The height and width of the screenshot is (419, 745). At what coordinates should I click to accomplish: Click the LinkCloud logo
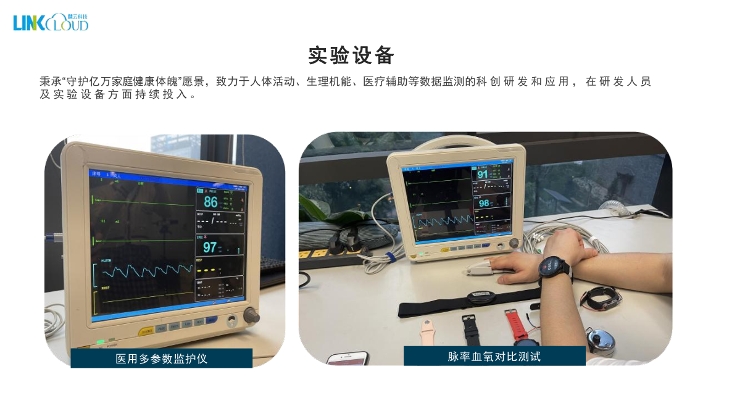pyautogui.click(x=51, y=22)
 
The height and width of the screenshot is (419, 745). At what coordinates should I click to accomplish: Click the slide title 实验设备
pyautogui.click(x=351, y=56)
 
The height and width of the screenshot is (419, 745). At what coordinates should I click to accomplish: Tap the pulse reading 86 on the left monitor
pyautogui.click(x=210, y=202)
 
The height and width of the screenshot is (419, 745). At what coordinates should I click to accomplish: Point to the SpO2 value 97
pyautogui.click(x=210, y=247)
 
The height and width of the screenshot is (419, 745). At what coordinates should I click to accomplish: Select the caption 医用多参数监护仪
pyautogui.click(x=162, y=359)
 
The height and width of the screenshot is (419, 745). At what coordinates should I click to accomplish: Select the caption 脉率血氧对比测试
pyautogui.click(x=494, y=356)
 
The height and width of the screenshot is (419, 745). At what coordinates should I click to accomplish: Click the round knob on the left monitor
pyautogui.click(x=251, y=315)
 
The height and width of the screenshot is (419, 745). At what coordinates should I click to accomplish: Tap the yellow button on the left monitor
pyautogui.click(x=147, y=331)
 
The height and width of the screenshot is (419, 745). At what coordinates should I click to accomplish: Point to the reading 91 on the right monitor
pyautogui.click(x=482, y=175)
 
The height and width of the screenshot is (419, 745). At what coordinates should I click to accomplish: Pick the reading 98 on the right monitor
pyautogui.click(x=484, y=203)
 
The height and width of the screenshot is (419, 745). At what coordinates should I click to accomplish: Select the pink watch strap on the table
pyautogui.click(x=427, y=333)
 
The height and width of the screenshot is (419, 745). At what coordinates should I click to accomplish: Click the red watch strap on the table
pyautogui.click(x=514, y=321)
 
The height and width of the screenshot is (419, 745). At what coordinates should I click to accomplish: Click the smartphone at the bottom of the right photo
pyautogui.click(x=348, y=359)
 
